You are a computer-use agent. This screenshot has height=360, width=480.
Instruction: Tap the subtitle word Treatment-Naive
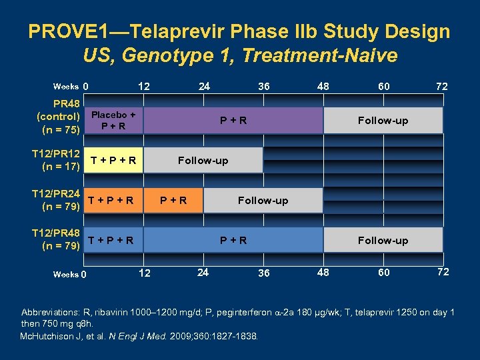coord(319,55)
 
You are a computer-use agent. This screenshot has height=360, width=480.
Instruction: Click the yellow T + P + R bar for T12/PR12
coord(114,160)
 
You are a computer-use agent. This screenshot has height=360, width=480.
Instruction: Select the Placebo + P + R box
coord(114,120)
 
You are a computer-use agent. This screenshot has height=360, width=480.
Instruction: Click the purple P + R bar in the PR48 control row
coord(233,121)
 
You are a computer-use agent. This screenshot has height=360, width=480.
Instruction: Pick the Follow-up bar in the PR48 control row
coord(383,121)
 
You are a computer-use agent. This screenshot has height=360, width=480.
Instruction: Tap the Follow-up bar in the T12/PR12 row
coord(203,160)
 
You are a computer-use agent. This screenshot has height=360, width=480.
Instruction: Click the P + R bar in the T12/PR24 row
coord(173,200)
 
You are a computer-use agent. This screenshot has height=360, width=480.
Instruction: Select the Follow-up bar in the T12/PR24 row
coord(263,200)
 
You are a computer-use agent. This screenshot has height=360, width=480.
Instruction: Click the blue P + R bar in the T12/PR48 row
coord(233,240)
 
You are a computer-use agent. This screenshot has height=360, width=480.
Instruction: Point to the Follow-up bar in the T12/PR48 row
coord(383,240)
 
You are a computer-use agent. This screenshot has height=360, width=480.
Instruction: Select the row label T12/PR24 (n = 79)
coord(56,200)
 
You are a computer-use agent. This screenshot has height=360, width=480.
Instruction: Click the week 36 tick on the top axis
coord(264,87)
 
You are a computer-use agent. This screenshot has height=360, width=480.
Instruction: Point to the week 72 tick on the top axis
coord(441,87)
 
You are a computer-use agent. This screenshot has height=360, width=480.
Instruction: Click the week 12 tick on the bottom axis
coord(143,272)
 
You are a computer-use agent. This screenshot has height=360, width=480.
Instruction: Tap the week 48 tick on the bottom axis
coord(323,272)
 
